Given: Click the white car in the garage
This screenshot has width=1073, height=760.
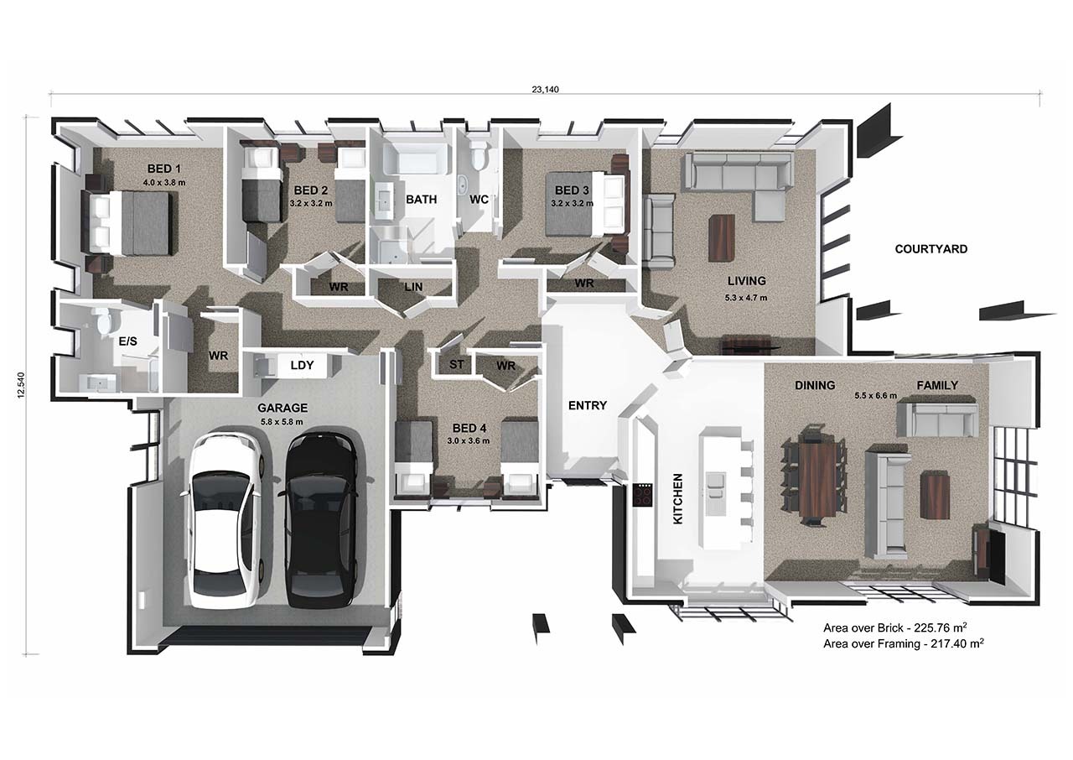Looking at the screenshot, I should tap(225, 520).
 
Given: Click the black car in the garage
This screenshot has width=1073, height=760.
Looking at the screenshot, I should tap(321, 520).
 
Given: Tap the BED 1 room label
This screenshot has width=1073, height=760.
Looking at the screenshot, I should tap(163, 167).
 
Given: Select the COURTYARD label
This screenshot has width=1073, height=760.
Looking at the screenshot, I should tap(930, 249).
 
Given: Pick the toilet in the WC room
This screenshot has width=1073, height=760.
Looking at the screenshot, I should tap(479, 156).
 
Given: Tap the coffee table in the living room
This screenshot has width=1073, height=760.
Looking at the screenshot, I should tap(721, 237).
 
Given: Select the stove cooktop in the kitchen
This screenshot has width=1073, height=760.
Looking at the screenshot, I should tap(643, 495).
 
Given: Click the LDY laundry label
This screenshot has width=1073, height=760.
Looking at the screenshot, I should tap(302, 366).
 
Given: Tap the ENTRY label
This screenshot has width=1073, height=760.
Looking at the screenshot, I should tap(587, 406).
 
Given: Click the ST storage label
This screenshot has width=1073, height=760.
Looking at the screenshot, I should tap(456, 365).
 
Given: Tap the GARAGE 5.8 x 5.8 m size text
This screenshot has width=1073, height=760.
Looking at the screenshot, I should tap(280, 421).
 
